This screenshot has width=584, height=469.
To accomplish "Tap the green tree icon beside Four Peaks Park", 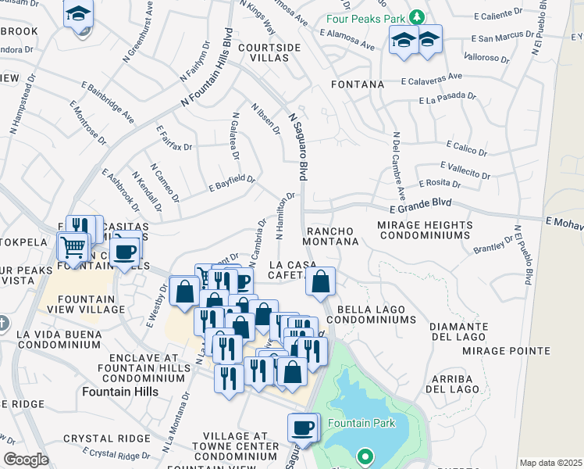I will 417,16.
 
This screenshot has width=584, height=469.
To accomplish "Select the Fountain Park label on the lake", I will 361,424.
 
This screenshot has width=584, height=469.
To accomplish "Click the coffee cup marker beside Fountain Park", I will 302,428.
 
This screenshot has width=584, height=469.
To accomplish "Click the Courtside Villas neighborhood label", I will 269,53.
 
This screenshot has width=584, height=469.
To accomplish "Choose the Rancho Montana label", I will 332,237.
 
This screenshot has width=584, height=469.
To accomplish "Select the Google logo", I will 27,460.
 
